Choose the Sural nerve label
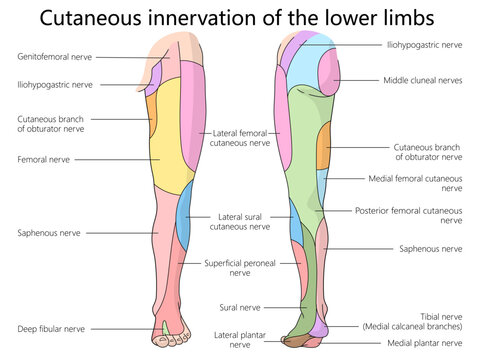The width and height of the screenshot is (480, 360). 239,308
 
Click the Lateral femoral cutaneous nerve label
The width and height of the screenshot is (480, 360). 241,137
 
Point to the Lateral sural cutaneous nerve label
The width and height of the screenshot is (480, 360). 240,221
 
